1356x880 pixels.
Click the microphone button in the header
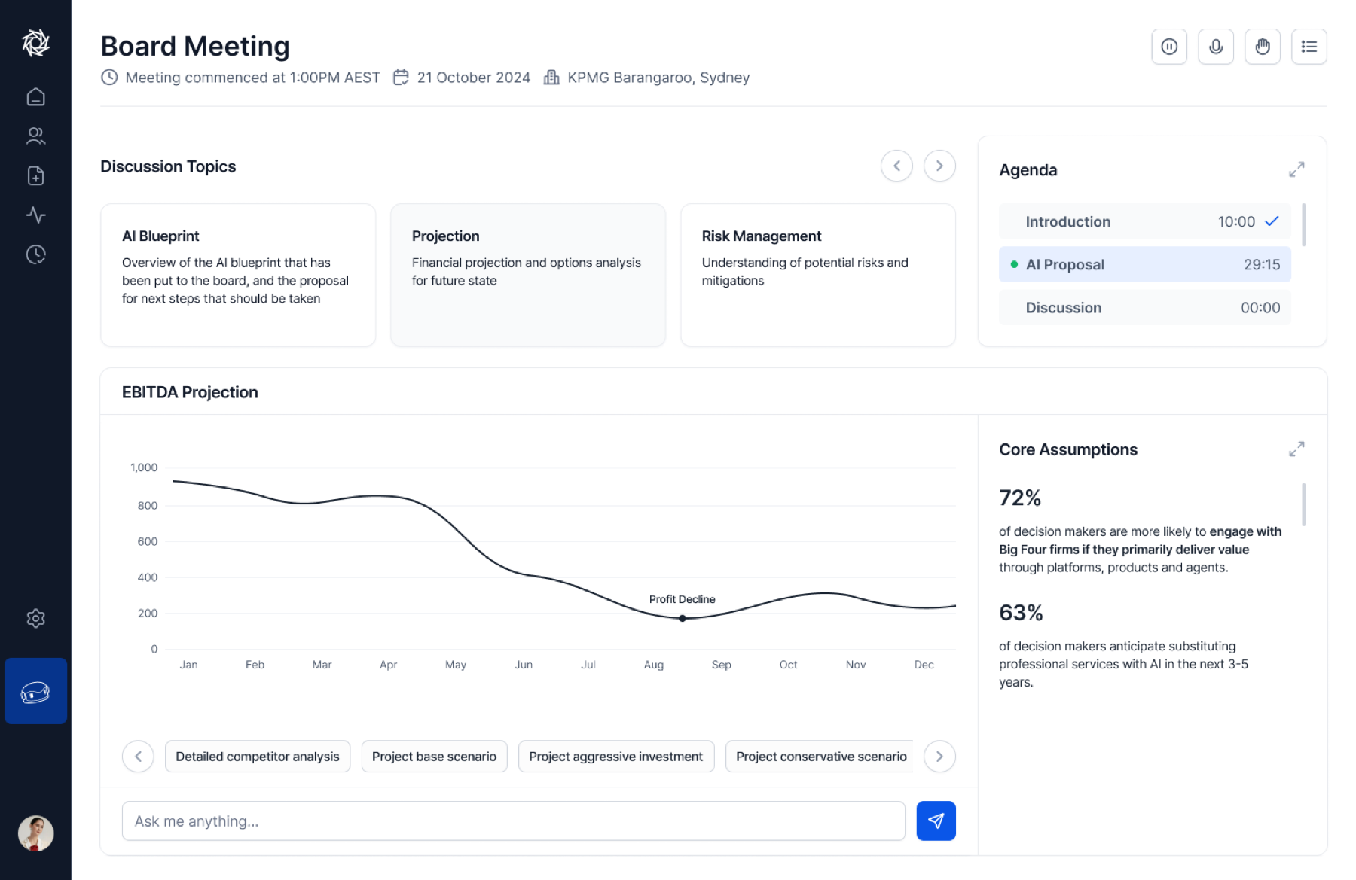1216,47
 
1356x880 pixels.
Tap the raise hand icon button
1263,47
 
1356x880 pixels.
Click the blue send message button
936,821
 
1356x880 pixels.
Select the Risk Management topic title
761,236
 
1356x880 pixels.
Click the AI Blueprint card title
160,236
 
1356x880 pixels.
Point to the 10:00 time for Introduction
1236,221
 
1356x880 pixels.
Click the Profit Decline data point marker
683,618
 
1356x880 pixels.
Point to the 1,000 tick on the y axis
143,467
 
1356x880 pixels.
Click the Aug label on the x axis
653,665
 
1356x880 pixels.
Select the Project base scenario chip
434,757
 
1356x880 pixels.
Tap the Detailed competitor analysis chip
258,757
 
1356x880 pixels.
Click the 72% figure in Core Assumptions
1020,498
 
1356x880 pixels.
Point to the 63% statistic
1021,613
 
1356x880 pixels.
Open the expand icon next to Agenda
1296,169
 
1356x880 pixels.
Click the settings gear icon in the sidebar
35,618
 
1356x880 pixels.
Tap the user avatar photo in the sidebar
35,833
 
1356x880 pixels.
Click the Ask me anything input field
513,821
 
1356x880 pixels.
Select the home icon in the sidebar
35,96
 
